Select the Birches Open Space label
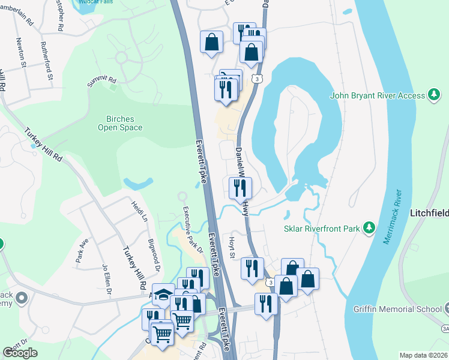[x=121, y=123]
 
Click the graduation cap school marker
[x=163, y=294]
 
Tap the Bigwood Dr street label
[x=155, y=253]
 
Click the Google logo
[x=20, y=353]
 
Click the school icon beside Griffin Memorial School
[x=445, y=309]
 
